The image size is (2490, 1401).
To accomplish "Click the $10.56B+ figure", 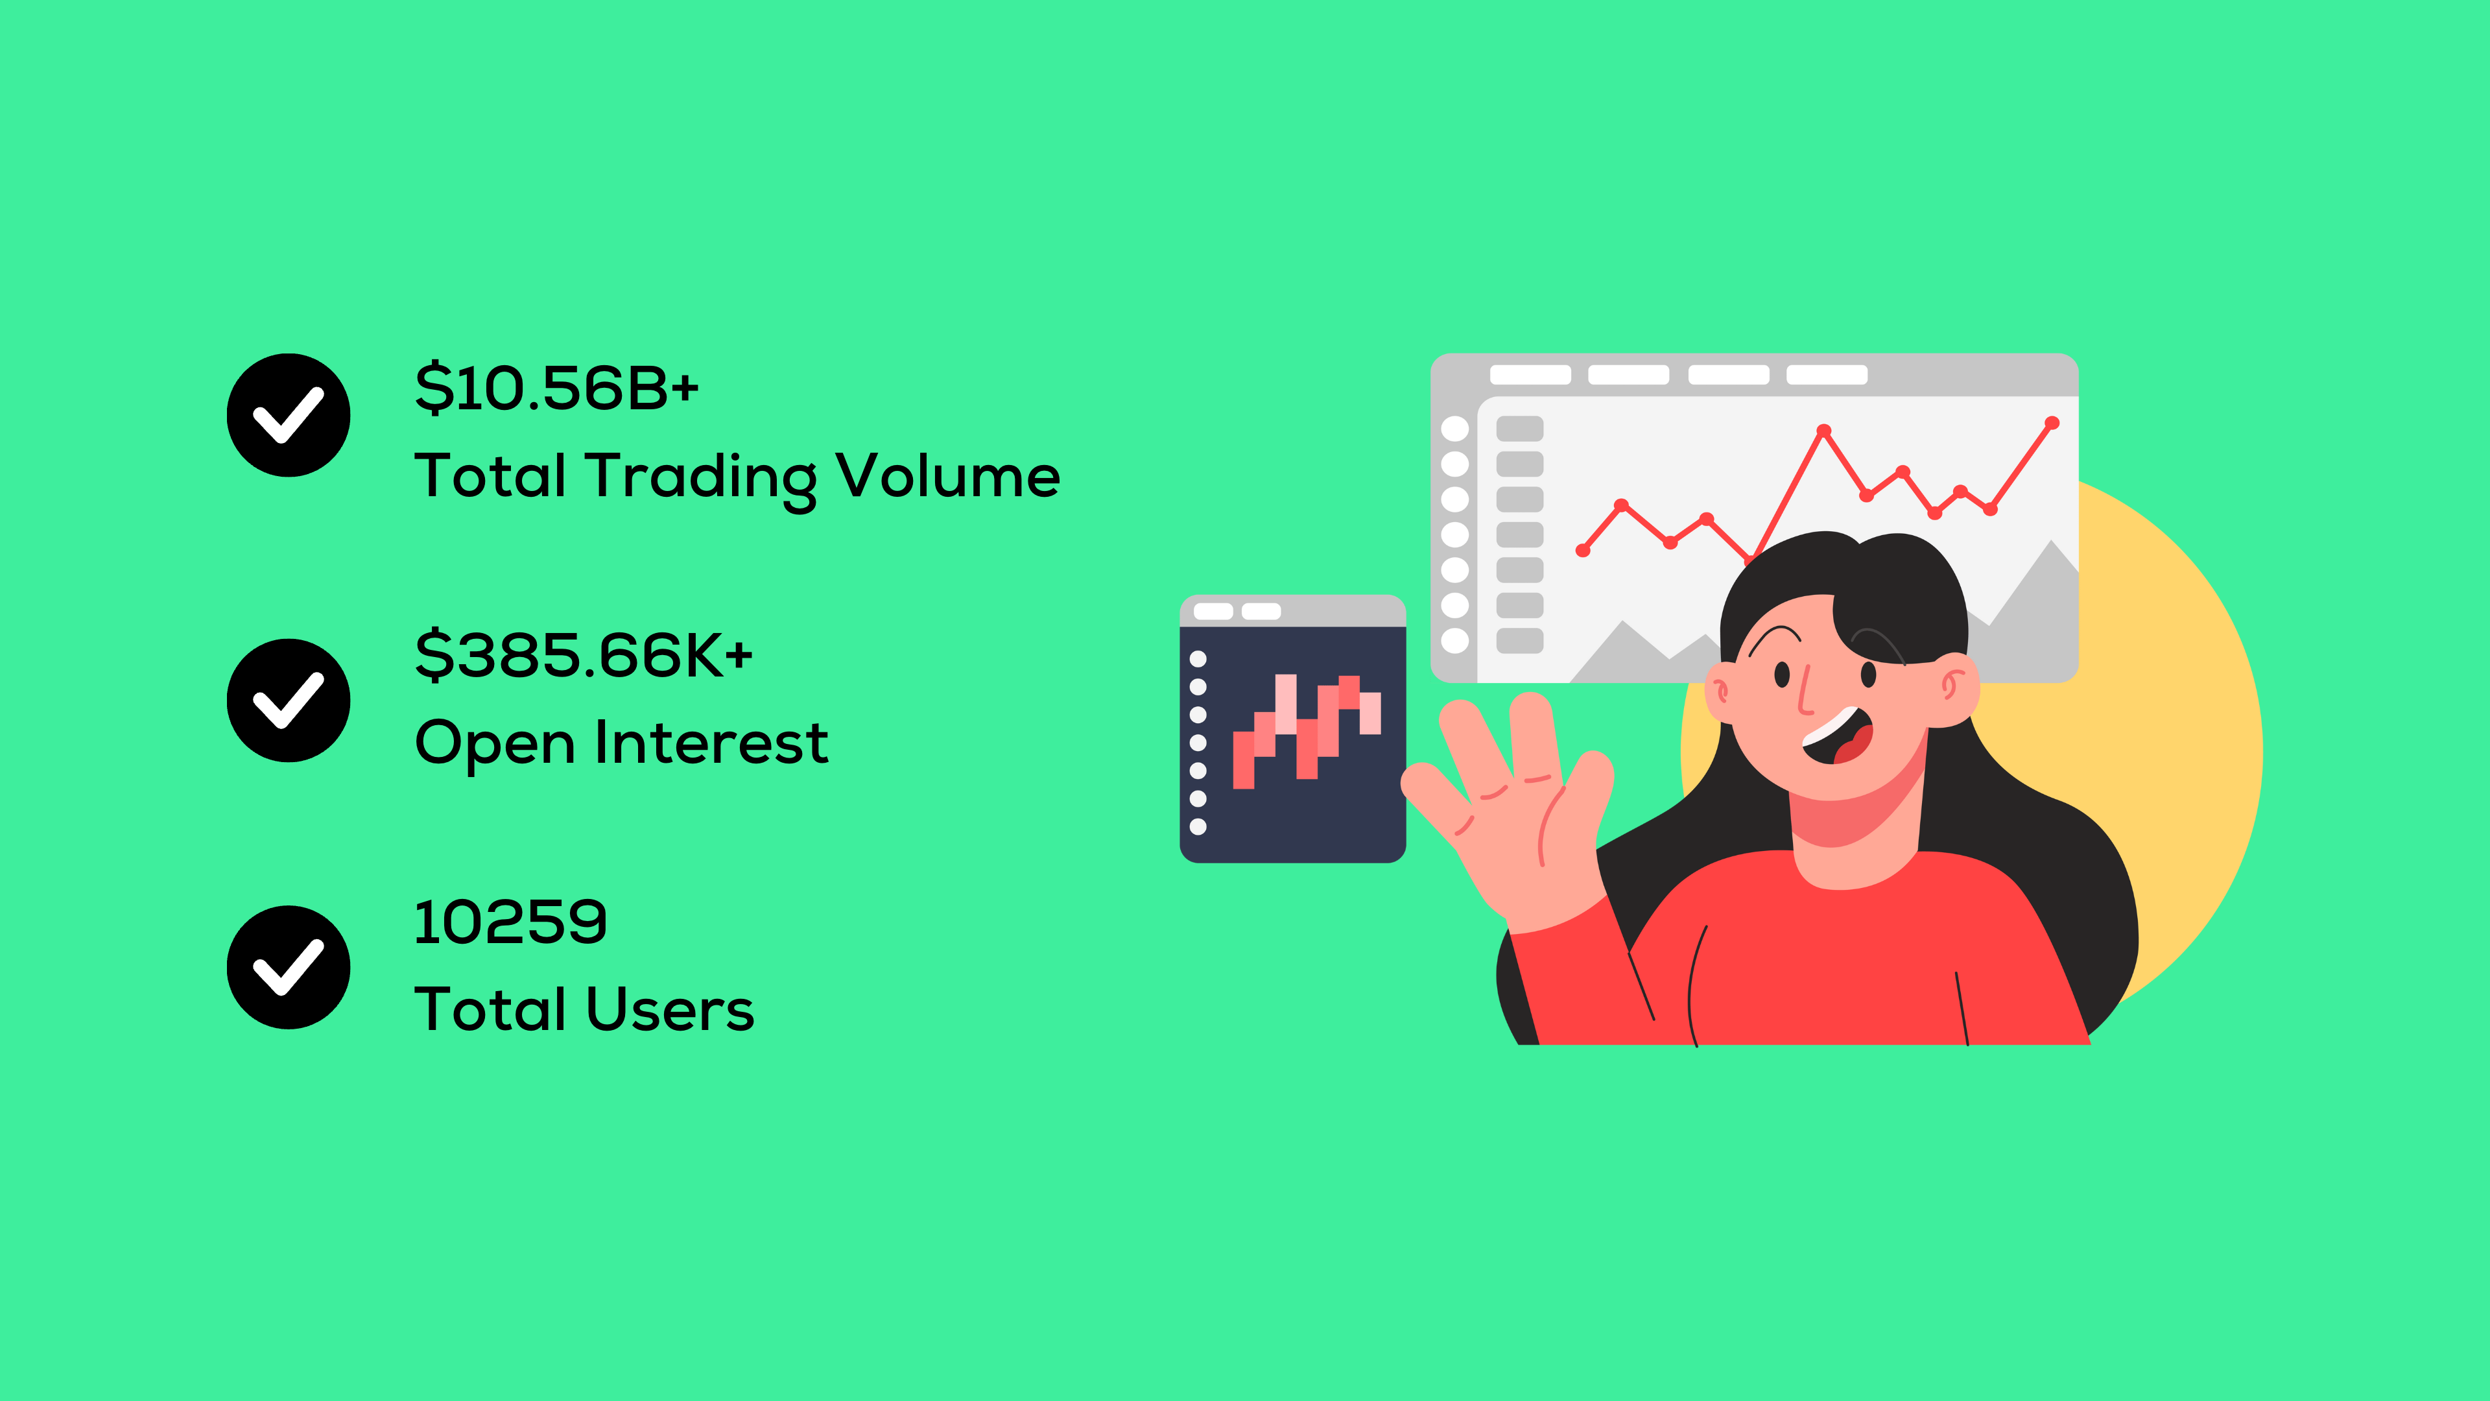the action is (x=557, y=388).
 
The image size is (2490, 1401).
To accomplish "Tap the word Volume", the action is (x=947, y=475).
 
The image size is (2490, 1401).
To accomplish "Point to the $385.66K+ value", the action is (x=583, y=654).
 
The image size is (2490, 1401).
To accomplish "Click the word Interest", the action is (x=711, y=743).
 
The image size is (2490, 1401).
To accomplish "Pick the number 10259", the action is (x=510, y=922).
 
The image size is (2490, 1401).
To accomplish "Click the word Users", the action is (x=670, y=1009).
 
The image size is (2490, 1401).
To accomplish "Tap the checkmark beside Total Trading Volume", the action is (x=288, y=415).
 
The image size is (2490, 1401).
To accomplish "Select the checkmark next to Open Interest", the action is (x=288, y=700).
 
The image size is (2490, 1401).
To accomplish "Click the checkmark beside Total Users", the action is (x=288, y=967).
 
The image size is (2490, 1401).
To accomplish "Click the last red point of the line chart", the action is (x=2052, y=422).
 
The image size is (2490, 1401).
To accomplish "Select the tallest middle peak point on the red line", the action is (x=1823, y=430).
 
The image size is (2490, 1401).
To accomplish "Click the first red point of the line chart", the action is (x=1582, y=550).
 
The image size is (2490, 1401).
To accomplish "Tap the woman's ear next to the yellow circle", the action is (x=1952, y=688).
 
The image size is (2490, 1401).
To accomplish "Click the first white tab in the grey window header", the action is (x=1530, y=375).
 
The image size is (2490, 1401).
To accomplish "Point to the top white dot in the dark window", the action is (x=1198, y=658).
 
